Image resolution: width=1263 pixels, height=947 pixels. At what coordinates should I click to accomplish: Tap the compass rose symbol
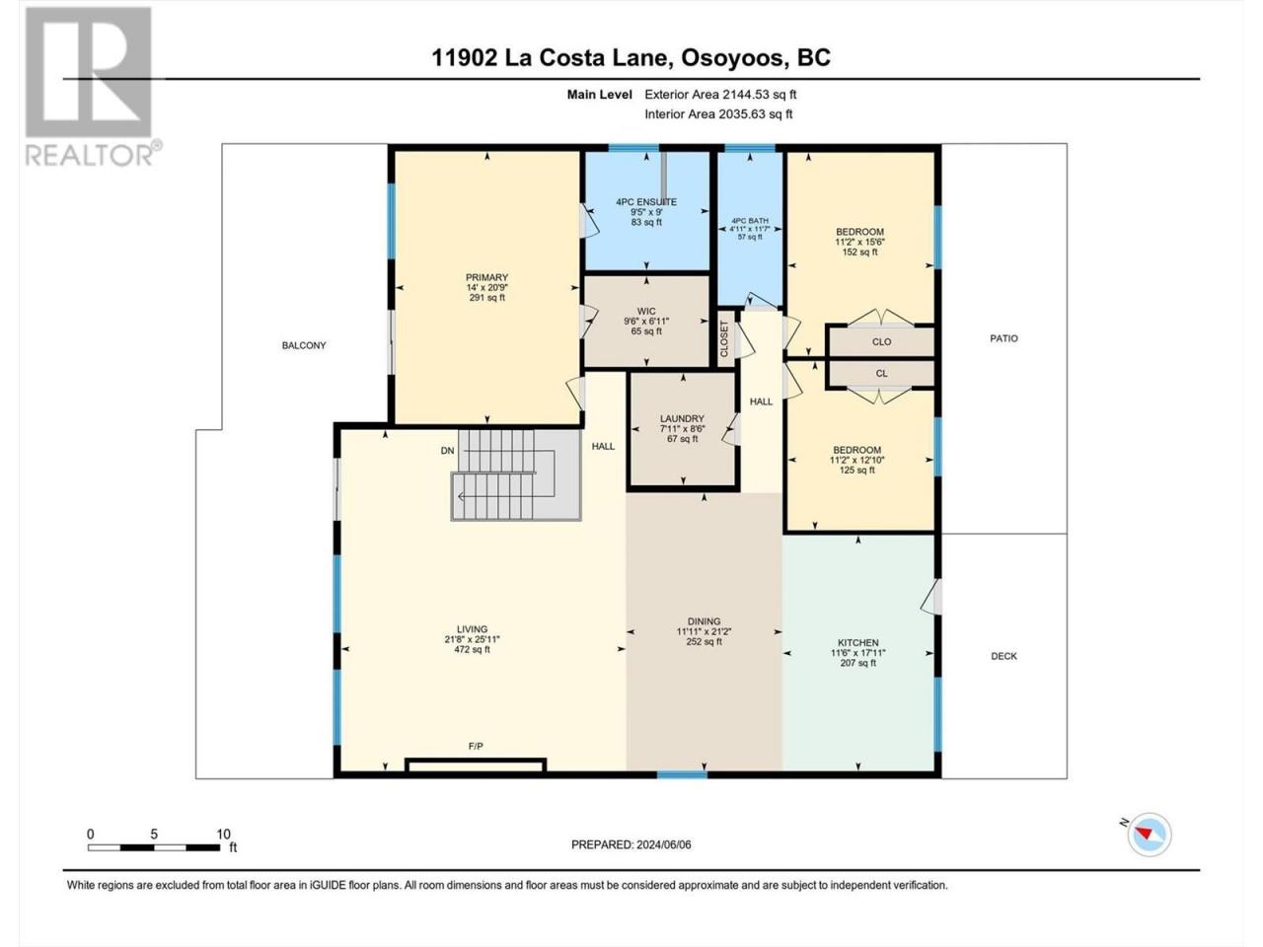tap(1149, 834)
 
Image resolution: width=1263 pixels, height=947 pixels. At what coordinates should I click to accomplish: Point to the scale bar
tap(154, 847)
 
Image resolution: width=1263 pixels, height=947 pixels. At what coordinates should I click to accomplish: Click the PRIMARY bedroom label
tap(486, 277)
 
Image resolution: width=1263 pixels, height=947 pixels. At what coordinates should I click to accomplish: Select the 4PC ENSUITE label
tap(646, 202)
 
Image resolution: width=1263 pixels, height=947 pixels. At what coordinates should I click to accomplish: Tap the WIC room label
tap(646, 311)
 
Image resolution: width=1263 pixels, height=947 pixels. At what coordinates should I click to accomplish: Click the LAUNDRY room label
tap(682, 418)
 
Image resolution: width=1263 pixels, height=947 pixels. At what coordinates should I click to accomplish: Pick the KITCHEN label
tap(857, 643)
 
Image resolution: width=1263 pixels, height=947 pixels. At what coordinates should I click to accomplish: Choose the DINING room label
tap(704, 621)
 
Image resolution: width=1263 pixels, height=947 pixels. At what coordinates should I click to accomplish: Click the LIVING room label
tap(472, 629)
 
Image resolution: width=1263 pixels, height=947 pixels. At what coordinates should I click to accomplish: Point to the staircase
tap(516, 474)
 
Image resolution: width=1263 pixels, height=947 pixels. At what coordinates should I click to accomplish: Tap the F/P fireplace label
tap(476, 747)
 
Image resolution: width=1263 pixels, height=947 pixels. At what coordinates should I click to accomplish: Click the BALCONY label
tap(304, 345)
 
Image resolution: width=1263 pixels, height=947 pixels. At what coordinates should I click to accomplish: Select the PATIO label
tap(1004, 338)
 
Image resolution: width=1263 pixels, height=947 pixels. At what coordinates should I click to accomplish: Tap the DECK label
tap(1004, 656)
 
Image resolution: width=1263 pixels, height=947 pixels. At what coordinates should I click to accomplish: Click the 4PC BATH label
tap(750, 221)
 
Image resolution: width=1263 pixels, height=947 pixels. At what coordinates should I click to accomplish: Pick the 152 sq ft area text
tap(859, 252)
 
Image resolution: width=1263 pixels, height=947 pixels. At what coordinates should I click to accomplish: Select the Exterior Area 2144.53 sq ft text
tap(720, 95)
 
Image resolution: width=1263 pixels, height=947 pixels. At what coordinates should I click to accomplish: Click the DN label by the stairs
tap(447, 451)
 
